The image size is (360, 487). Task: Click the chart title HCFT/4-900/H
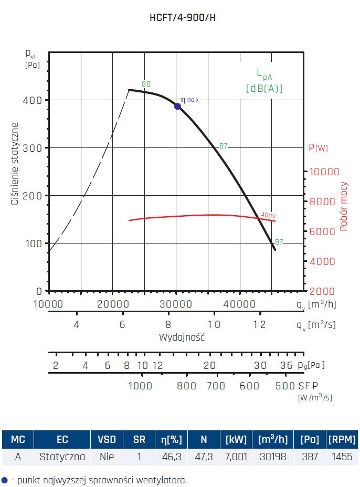pos(183,17)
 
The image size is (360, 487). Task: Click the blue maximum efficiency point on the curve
pos(177,106)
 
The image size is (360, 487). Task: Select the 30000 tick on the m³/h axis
pos(175,304)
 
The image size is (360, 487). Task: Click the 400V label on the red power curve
pos(268,216)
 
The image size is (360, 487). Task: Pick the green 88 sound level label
pos(146,84)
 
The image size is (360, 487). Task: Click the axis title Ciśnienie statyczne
pos(16,164)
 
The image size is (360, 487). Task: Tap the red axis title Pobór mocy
pos(344,207)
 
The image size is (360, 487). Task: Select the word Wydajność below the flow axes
pos(182,337)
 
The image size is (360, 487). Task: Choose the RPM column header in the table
pos(341,439)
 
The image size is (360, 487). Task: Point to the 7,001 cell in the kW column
pos(236,457)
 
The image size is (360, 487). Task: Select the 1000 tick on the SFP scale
pos(140,386)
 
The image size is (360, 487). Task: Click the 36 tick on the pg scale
pos(286,365)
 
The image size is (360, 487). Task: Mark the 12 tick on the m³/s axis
pos(259,324)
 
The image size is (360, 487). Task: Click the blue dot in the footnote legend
pos(5,480)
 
